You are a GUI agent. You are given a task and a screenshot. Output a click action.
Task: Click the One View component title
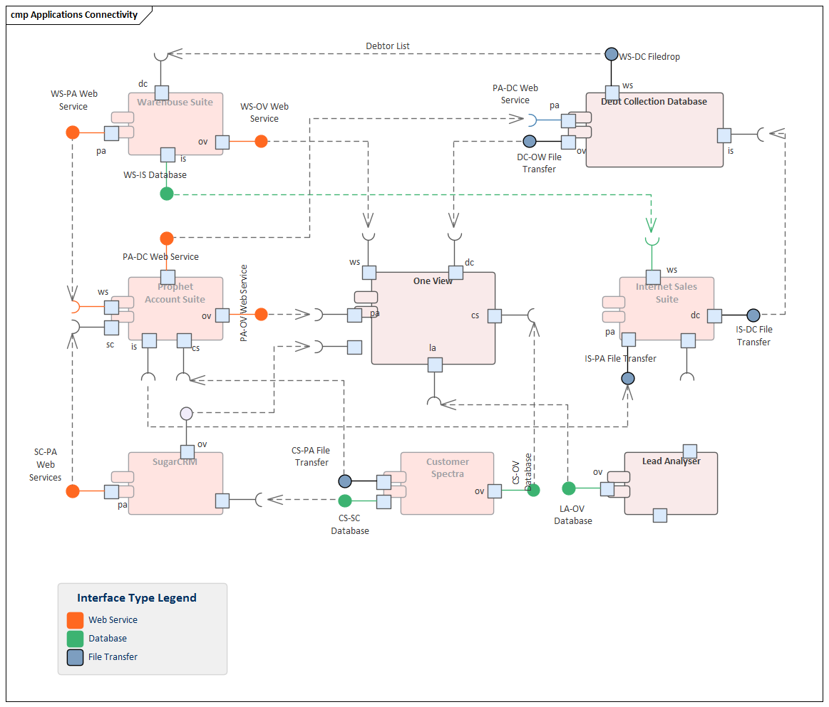pyautogui.click(x=433, y=281)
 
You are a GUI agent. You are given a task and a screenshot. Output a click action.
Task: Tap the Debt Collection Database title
pyautogui.click(x=654, y=101)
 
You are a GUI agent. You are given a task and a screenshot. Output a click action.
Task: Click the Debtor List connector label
pyautogui.click(x=388, y=46)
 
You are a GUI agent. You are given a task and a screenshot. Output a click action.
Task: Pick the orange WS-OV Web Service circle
pyautogui.click(x=262, y=141)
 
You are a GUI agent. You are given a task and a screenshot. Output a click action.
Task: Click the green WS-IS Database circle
pyautogui.click(x=167, y=194)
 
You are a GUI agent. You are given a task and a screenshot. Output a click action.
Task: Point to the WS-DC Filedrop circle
pyautogui.click(x=611, y=54)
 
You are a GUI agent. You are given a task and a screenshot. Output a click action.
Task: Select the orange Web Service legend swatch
pyautogui.click(x=75, y=620)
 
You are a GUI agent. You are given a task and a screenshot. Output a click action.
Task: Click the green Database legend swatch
pyautogui.click(x=75, y=639)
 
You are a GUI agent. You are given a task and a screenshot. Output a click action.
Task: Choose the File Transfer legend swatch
pyautogui.click(x=75, y=657)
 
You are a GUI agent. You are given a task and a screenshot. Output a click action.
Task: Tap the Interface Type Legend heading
pyautogui.click(x=137, y=598)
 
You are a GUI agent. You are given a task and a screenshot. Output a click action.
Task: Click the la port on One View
pyautogui.click(x=435, y=365)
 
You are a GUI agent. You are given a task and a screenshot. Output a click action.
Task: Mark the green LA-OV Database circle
pyautogui.click(x=569, y=488)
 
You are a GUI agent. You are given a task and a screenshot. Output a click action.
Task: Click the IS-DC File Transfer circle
pyautogui.click(x=753, y=315)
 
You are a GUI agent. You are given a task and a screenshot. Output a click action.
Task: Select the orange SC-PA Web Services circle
pyautogui.click(x=73, y=491)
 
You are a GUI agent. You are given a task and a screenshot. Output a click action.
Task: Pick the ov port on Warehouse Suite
pyautogui.click(x=222, y=142)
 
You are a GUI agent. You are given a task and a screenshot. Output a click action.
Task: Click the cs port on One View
pyautogui.click(x=495, y=315)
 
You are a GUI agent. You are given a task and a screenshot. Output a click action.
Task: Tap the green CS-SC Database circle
pyautogui.click(x=345, y=501)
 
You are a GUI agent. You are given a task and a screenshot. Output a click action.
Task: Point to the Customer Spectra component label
pyautogui.click(x=448, y=468)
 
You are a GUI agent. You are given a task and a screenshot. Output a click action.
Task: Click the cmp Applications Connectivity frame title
pyautogui.click(x=74, y=15)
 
